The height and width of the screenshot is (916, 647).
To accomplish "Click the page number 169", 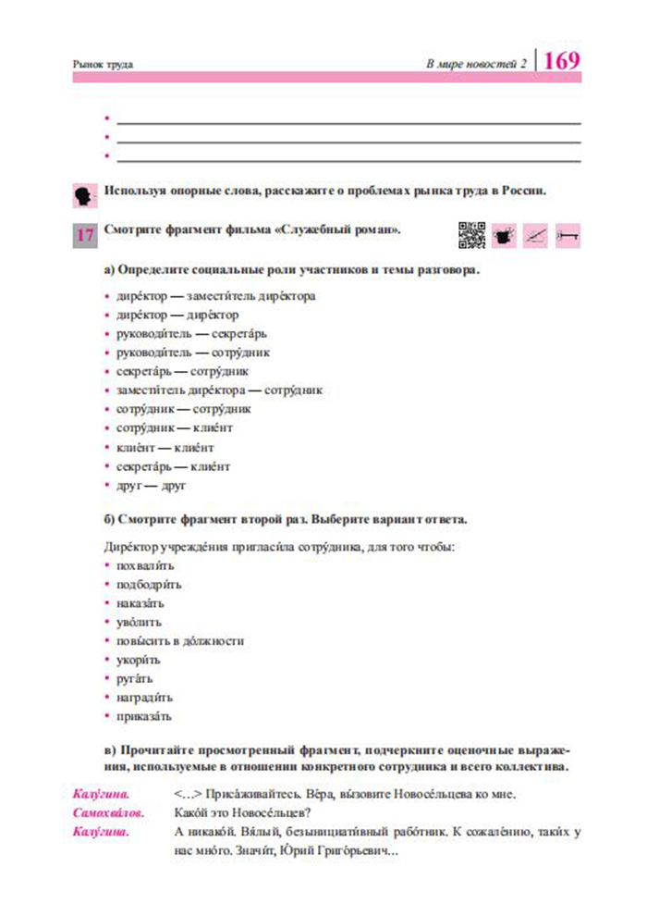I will (562, 61).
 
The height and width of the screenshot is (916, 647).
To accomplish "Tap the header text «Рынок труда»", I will (103, 65).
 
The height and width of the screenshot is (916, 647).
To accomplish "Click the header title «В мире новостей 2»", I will (475, 64).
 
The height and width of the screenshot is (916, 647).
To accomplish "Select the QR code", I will (471, 236).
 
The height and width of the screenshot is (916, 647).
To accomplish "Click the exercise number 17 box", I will (84, 235).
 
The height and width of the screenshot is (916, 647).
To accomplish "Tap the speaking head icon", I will (83, 195).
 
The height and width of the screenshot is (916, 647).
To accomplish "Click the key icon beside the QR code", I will (567, 236).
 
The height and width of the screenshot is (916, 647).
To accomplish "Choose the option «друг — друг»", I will (152, 485).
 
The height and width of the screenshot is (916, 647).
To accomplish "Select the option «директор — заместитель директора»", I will (215, 296).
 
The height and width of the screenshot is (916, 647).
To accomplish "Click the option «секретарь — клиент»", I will (173, 466).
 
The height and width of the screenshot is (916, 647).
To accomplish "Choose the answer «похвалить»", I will (145, 565).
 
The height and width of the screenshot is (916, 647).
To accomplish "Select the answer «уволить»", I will (140, 622).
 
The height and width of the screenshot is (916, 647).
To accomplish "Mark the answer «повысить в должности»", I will (179, 640).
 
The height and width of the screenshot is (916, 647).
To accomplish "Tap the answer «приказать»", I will (144, 715).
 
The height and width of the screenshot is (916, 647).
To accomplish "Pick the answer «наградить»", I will (144, 697).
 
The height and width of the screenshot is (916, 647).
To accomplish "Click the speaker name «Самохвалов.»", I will (108, 812).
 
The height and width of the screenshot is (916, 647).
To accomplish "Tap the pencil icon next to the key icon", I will (535, 236).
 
